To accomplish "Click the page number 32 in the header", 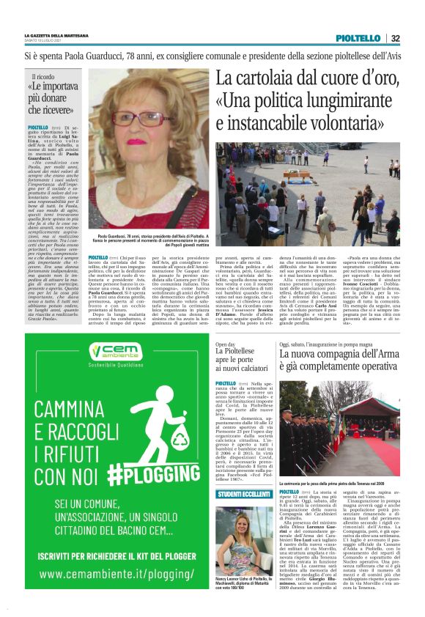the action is point(395,38).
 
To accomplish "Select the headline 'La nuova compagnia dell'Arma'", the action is point(341,360).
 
